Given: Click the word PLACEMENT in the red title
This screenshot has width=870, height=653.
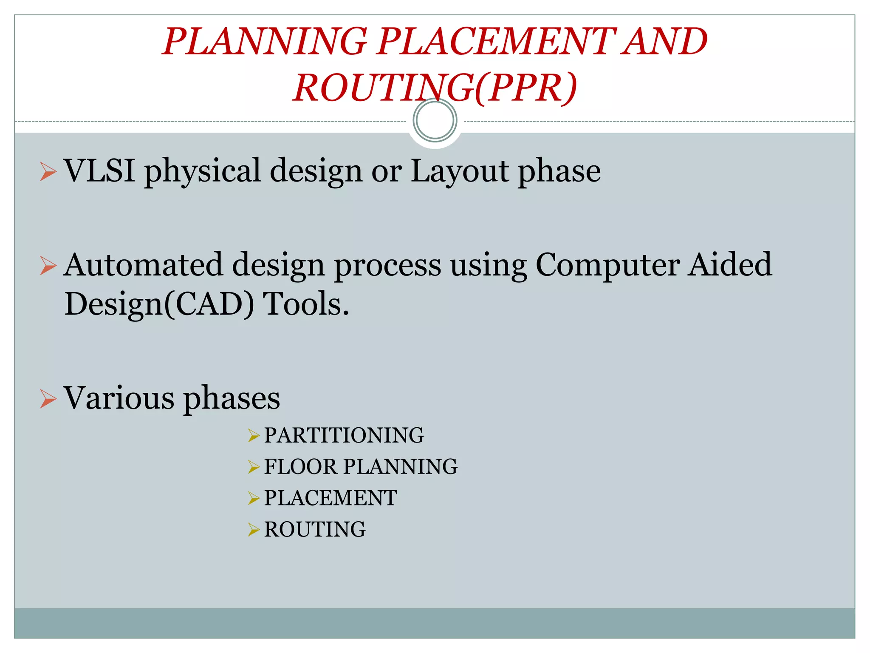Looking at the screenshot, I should pyautogui.click(x=496, y=41).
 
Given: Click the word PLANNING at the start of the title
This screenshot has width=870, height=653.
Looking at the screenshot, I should pyautogui.click(x=265, y=41).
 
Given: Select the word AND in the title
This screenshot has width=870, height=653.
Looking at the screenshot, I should pyautogui.click(x=664, y=41).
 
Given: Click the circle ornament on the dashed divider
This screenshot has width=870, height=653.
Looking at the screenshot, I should pyautogui.click(x=435, y=120).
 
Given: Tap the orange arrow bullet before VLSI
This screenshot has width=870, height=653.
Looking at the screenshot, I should pyautogui.click(x=48, y=172).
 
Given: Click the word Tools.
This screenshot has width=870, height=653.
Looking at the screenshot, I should pyautogui.click(x=306, y=304).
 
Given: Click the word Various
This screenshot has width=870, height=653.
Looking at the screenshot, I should pyautogui.click(x=119, y=398).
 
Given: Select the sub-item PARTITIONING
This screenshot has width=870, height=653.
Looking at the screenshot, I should pyautogui.click(x=344, y=435).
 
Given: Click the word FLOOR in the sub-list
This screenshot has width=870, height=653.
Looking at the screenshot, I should pyautogui.click(x=300, y=467).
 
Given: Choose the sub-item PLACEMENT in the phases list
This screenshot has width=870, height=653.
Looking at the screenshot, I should pyautogui.click(x=330, y=498).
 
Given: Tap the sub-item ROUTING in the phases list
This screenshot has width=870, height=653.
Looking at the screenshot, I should pyautogui.click(x=315, y=529).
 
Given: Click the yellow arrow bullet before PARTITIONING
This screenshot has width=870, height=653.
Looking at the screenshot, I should pyautogui.click(x=254, y=436).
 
